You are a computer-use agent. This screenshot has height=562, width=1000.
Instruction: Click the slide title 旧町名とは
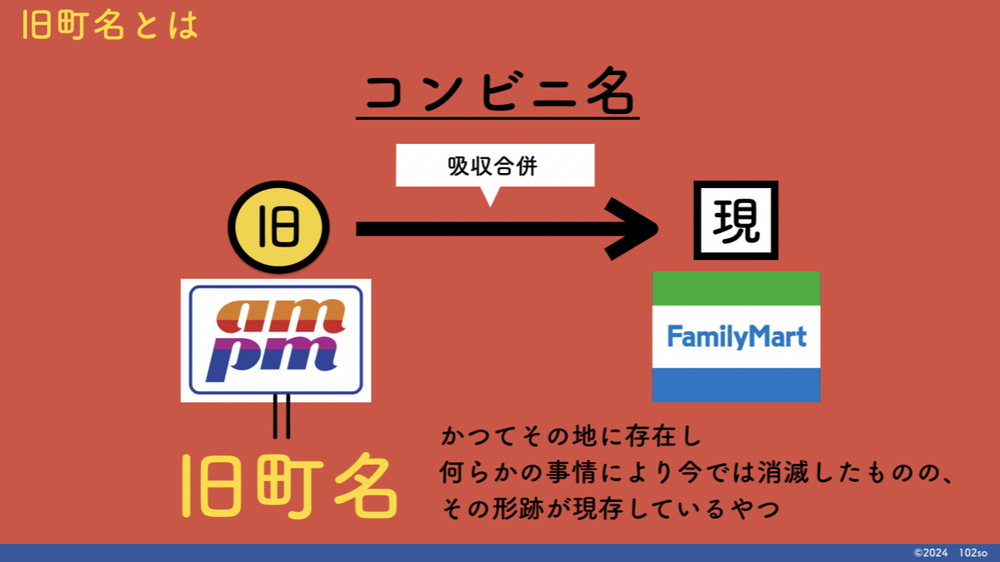110,25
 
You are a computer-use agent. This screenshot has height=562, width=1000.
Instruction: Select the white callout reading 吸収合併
495,166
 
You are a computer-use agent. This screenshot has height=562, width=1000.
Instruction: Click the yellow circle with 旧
278,227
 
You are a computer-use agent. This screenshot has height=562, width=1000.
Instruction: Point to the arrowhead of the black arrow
632,228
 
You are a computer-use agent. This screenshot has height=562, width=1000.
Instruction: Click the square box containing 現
736,221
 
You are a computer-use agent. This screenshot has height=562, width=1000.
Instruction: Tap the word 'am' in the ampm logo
281,316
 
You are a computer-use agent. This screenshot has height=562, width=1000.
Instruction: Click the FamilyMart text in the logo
737,336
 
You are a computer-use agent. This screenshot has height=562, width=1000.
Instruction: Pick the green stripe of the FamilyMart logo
736,289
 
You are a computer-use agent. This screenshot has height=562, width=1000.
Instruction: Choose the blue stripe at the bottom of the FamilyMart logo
736,385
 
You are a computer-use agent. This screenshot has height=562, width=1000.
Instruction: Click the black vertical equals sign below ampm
282,416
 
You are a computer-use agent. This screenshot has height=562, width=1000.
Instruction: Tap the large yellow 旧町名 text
289,486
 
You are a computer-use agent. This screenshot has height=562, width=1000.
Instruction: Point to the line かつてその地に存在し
572,435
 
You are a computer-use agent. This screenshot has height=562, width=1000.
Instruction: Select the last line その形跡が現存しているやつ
611,509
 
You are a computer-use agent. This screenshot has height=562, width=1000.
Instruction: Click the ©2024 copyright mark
930,553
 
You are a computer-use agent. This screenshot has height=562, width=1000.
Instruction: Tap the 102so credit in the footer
973,553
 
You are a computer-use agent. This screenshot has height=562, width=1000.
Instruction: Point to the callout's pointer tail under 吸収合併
490,196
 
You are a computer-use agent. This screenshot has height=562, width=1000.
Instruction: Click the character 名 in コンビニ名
610,91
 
